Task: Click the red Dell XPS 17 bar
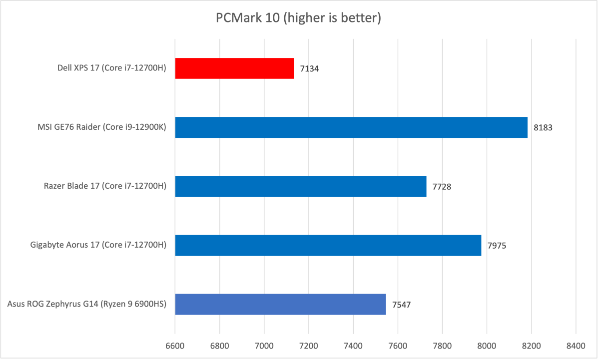click(x=234, y=68)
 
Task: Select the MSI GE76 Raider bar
click(x=351, y=127)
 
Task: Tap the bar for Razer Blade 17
click(x=300, y=186)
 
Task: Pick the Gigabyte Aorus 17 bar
click(x=328, y=245)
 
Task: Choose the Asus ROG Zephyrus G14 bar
click(x=280, y=304)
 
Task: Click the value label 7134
click(x=309, y=69)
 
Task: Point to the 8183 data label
click(x=543, y=128)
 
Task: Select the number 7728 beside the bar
click(x=441, y=187)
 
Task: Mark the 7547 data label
click(x=401, y=305)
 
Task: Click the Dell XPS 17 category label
click(x=111, y=69)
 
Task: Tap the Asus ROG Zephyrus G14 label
click(x=86, y=305)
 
